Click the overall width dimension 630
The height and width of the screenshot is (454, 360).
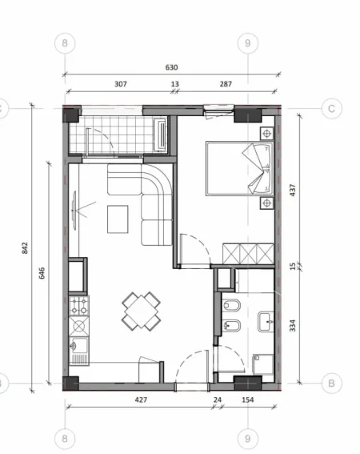coord(171,68)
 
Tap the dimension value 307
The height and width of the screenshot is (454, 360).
coord(121,83)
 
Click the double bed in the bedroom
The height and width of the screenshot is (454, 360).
coord(238,168)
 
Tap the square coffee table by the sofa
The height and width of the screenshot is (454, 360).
coord(118,217)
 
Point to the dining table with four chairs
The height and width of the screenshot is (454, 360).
coord(141,310)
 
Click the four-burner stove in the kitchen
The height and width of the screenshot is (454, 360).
coord(80,305)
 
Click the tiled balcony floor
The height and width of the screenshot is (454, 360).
coord(112,134)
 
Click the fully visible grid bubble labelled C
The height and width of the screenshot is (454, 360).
coord(330,110)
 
